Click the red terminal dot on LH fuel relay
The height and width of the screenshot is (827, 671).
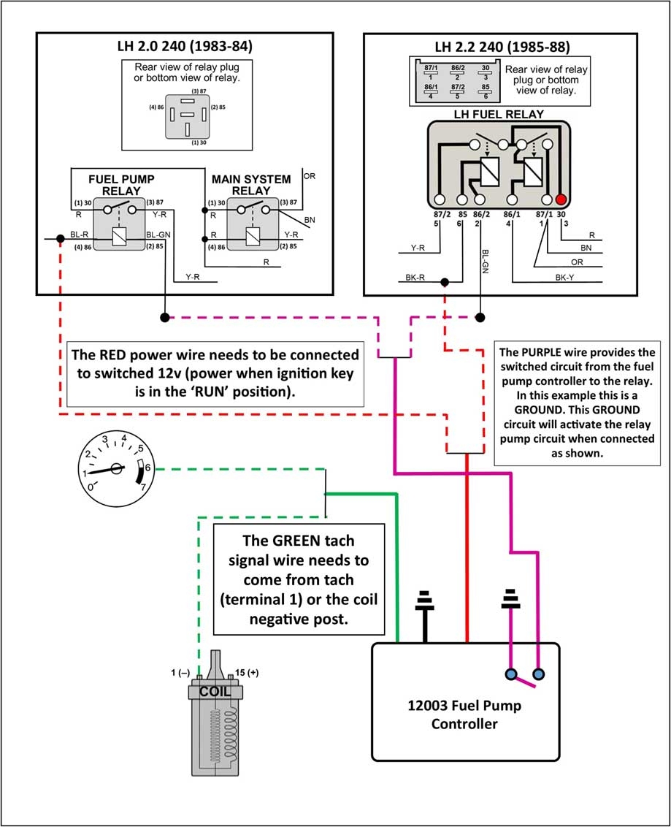coord(561,199)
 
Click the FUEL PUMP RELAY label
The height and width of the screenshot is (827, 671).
coord(121,185)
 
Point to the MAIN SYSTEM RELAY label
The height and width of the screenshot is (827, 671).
coord(251,185)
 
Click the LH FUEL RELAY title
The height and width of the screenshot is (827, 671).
coord(499,114)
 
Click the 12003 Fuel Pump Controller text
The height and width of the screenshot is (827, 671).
coord(464,715)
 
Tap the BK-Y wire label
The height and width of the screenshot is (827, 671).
coord(564,278)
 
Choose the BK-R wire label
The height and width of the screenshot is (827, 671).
coord(415,278)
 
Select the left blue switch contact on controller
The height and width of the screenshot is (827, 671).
coord(509,673)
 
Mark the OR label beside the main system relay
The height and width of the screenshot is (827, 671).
coord(309,176)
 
